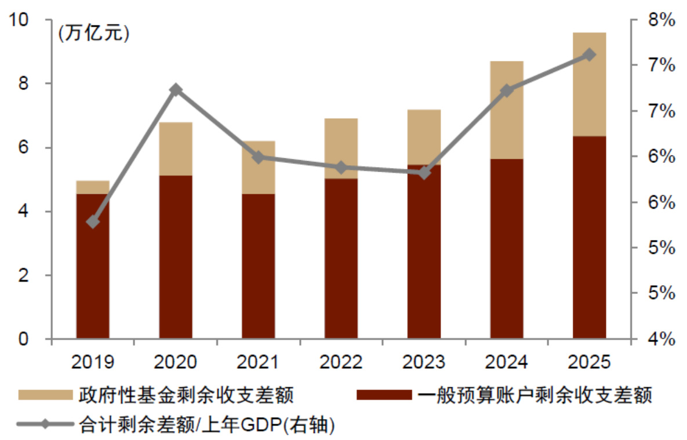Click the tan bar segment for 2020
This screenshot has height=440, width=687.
tap(176, 149)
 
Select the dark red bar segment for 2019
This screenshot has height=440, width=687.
tap(93, 266)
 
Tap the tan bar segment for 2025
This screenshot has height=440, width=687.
tap(590, 85)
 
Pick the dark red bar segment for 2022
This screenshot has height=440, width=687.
tap(341, 259)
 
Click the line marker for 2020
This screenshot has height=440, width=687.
tap(176, 89)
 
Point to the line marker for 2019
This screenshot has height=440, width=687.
tap(93, 222)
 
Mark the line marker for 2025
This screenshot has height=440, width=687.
tap(590, 54)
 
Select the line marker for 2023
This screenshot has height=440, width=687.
tap(424, 173)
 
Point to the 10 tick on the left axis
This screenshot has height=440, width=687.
tap(21, 20)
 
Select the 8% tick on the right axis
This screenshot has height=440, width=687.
tap(660, 20)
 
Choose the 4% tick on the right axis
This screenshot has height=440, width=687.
tap(660, 339)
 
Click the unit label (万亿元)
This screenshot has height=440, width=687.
tap(93, 33)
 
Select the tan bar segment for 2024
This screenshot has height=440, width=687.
tap(507, 110)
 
